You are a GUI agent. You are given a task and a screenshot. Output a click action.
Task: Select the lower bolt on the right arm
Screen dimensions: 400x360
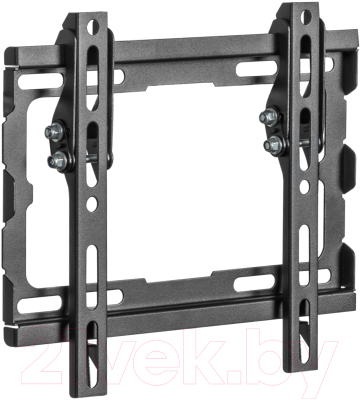271,145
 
